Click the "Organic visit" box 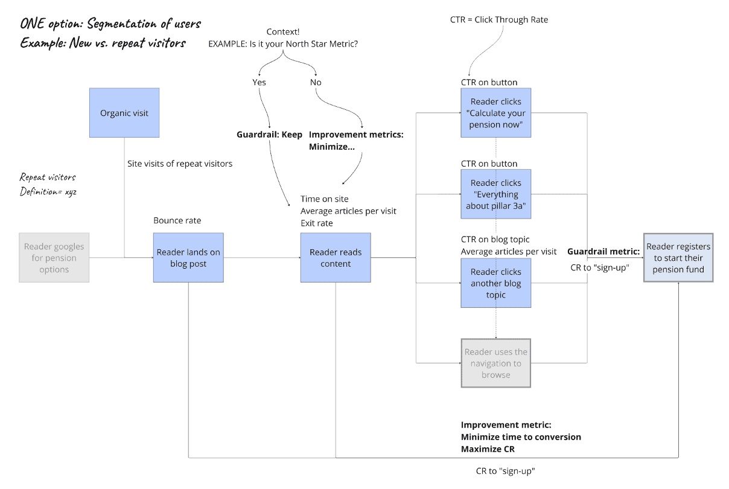(x=124, y=113)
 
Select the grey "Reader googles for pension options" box (x=54, y=258)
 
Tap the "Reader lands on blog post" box (x=188, y=258)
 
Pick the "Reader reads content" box (x=336, y=258)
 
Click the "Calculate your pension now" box (x=496, y=113)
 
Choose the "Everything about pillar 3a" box (x=496, y=194)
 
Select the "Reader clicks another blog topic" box (x=496, y=283)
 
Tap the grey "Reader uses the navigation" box (x=496, y=363)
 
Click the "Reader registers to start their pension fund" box (x=678, y=258)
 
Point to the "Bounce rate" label (x=177, y=221)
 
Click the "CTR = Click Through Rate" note (x=499, y=20)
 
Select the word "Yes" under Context (x=259, y=82)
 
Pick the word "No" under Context (x=316, y=82)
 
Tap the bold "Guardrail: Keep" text (x=269, y=135)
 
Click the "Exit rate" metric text (x=317, y=223)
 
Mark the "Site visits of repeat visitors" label (x=180, y=164)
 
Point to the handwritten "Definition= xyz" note (x=48, y=191)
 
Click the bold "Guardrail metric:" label (x=603, y=251)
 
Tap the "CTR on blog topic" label (x=495, y=240)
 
